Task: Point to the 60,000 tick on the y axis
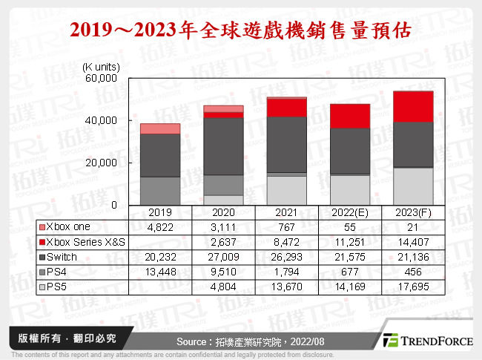point(103,78)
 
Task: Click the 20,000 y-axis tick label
point(103,163)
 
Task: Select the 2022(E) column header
point(350,212)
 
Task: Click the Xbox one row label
point(67,225)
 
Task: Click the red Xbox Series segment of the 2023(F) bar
point(413,106)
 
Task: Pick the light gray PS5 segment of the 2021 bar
point(287,190)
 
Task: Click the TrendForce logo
point(426,340)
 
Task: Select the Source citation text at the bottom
point(241,341)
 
